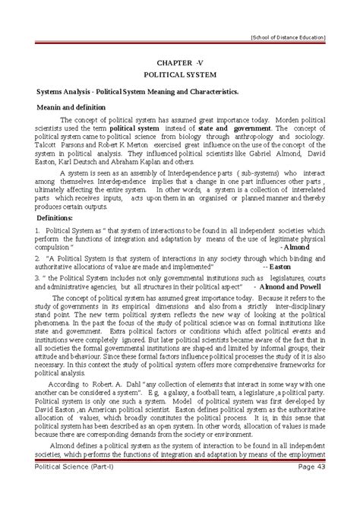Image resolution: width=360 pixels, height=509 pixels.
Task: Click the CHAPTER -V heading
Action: [180, 62]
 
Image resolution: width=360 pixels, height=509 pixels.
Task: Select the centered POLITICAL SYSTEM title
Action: [180, 76]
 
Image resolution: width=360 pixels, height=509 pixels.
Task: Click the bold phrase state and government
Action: [232, 129]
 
